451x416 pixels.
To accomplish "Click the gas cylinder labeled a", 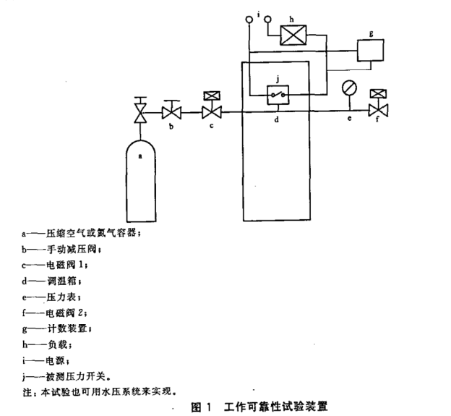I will tap(141, 181).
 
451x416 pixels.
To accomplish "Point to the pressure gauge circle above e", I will tap(348, 87).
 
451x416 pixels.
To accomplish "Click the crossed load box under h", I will tap(292, 34).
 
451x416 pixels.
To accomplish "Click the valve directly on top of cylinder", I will tap(141, 111).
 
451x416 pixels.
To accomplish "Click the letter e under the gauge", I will tap(348, 121).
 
